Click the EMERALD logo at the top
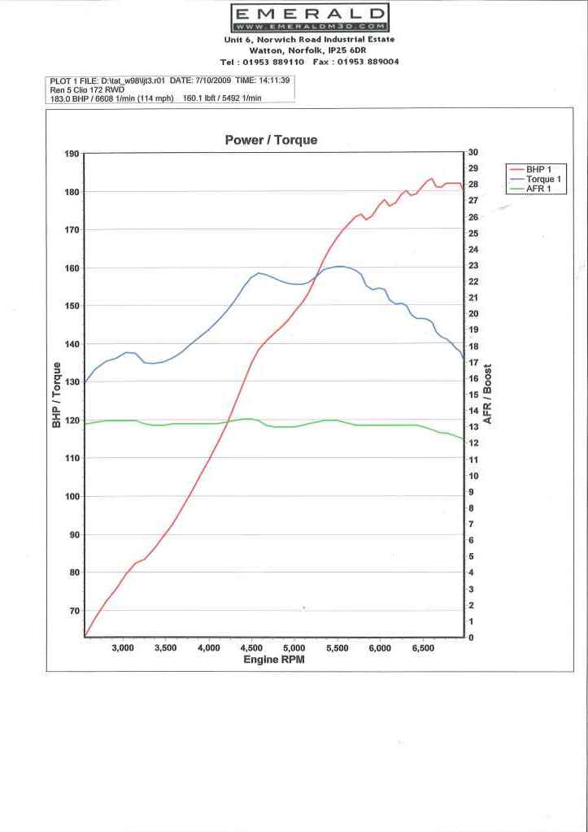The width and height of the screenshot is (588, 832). tap(310, 17)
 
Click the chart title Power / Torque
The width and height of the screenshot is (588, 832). tap(271, 140)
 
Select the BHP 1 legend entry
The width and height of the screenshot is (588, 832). tap(538, 168)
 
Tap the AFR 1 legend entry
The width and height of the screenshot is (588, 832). tap(538, 189)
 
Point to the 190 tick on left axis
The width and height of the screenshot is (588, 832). tap(72, 154)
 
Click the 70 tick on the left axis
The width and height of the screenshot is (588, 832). tap(74, 611)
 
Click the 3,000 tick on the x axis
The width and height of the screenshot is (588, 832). tap(123, 648)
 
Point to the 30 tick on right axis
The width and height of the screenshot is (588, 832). tap(473, 153)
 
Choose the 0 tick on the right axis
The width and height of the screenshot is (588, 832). tap(470, 638)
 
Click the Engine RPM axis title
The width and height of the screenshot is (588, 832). tap(274, 660)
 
